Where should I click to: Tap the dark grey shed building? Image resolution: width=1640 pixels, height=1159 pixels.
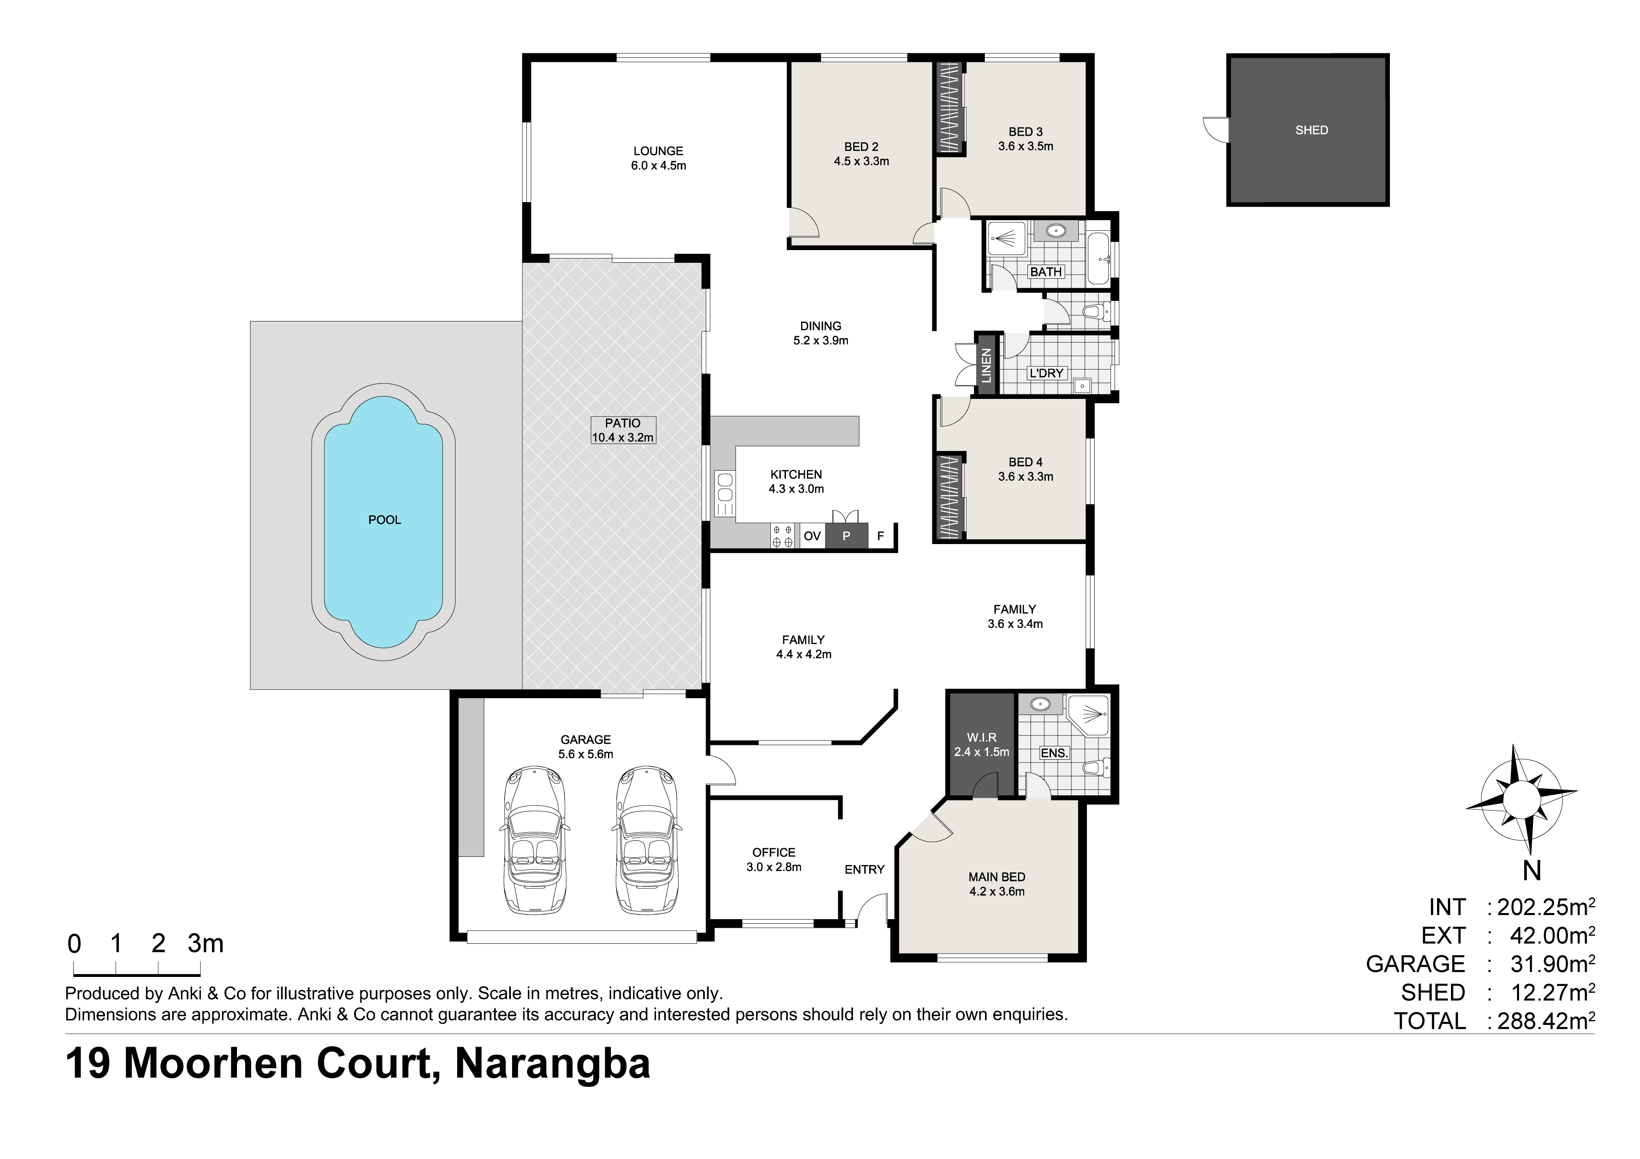click(1308, 130)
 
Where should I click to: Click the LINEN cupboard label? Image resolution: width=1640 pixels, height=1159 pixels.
click(986, 365)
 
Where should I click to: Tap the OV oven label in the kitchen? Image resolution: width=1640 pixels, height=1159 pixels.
click(812, 535)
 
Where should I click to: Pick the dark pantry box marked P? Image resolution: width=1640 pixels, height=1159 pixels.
click(846, 535)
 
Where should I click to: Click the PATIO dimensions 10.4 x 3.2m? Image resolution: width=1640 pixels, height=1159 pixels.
click(622, 438)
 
